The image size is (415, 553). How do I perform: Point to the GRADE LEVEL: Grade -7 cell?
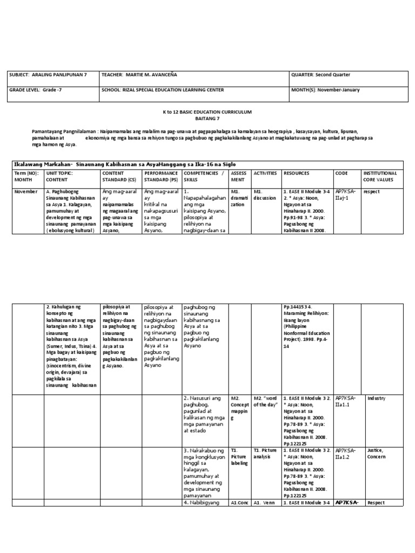pos(36,90)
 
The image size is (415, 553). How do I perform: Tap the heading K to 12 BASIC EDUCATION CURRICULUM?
pos(208,111)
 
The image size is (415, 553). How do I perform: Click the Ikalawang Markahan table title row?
pos(124,164)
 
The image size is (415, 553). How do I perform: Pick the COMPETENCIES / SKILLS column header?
pos(203,177)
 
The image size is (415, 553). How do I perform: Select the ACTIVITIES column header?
pos(264,173)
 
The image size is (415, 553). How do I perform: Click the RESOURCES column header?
pos(297,173)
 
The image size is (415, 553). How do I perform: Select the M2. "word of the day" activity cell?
pos(266,402)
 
